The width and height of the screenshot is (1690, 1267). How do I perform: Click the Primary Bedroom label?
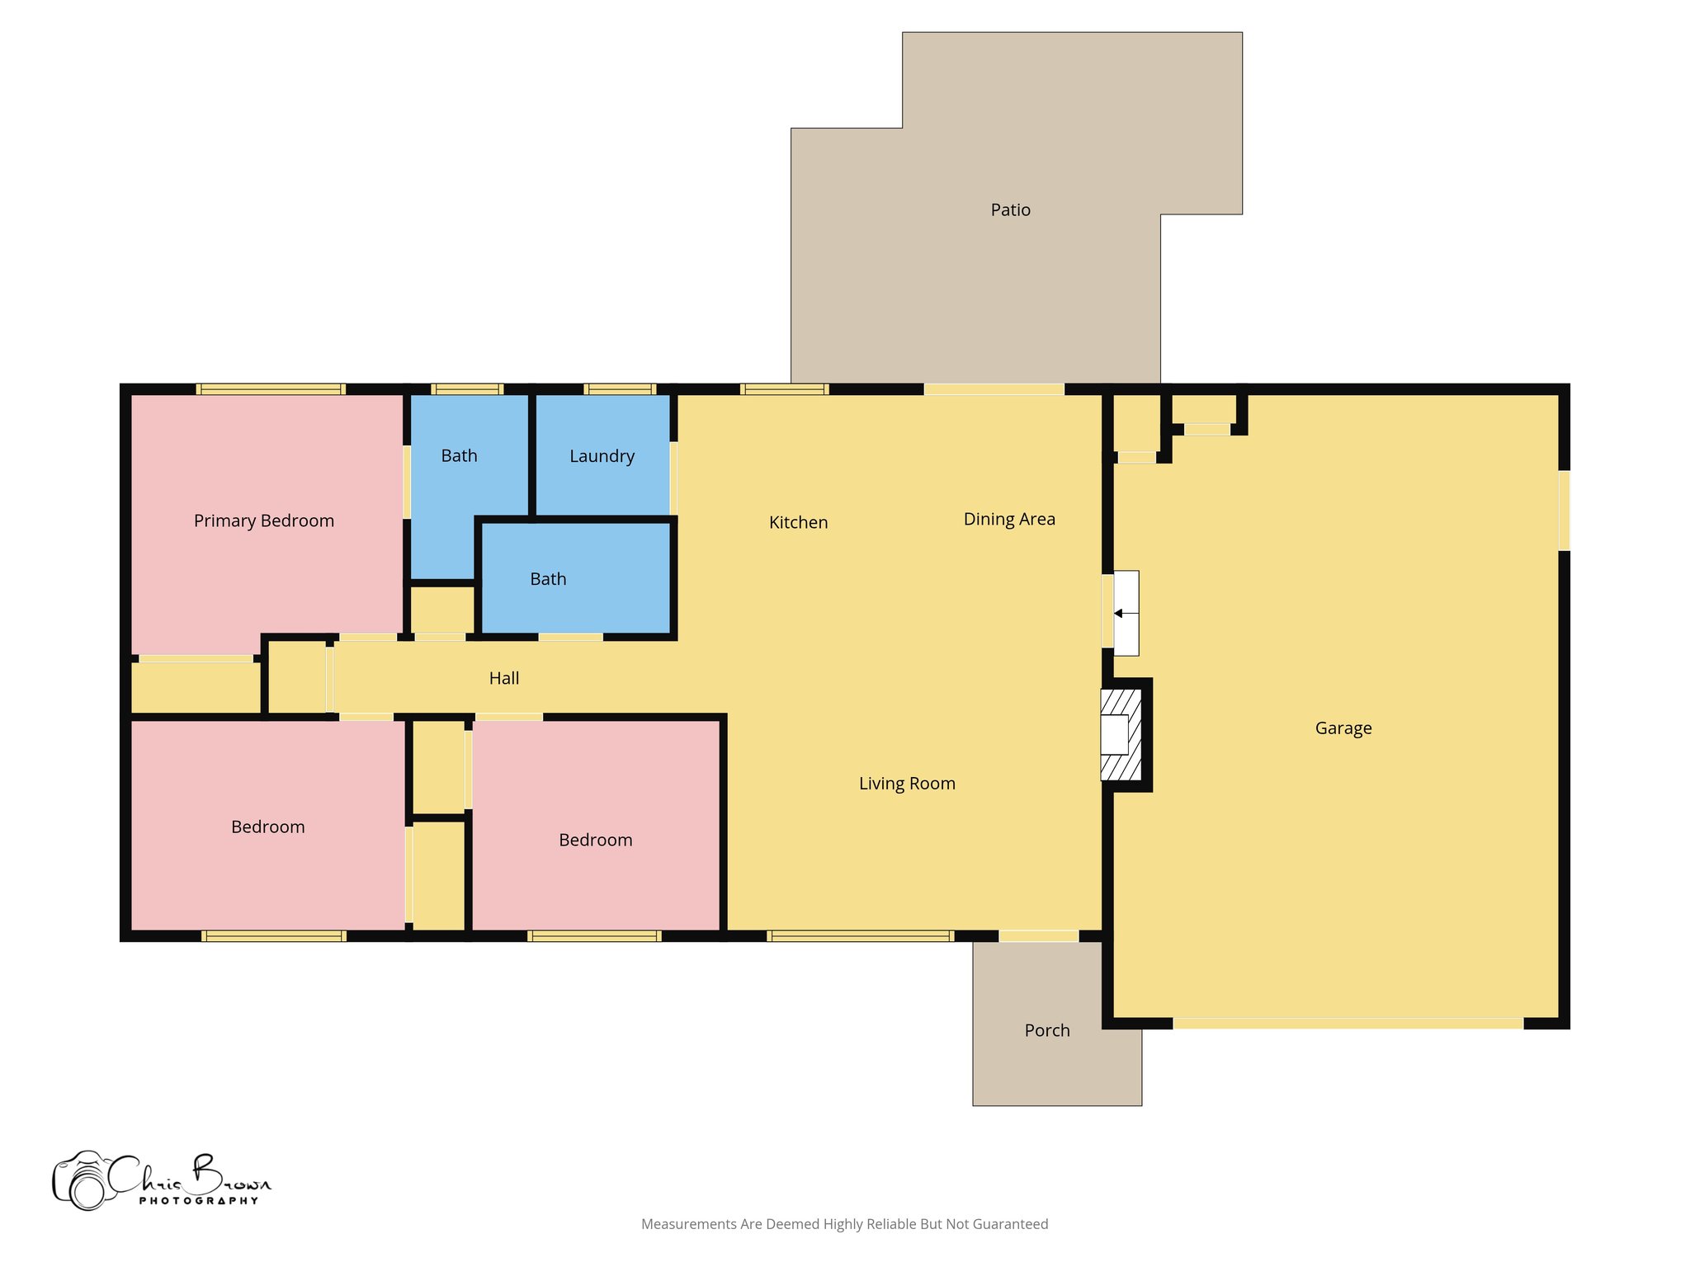coord(263,520)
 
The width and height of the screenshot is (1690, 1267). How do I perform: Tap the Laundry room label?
coord(602,456)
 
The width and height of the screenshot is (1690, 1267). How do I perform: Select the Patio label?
coord(1010,210)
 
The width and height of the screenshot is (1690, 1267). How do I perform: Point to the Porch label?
coord(1046,1030)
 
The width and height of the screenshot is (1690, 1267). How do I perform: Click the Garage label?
coord(1343,728)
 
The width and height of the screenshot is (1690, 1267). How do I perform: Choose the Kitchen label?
coord(798,522)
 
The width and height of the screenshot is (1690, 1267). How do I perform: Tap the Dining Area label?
coord(1009,519)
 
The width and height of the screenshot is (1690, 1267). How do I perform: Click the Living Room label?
coord(907,784)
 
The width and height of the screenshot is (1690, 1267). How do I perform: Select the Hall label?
coord(503,678)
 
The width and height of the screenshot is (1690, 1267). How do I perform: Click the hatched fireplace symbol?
coord(1121,734)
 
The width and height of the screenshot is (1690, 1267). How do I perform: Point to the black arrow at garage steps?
coord(1118,614)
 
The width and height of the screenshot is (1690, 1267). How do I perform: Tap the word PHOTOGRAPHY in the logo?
coord(198,1200)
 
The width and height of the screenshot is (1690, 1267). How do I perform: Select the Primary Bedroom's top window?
coord(271,389)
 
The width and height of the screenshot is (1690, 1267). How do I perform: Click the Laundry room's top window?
coord(620,389)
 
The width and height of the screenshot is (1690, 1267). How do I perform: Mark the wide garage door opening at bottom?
coord(1348,1023)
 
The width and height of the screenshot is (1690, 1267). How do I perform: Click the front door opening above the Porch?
coord(1038,935)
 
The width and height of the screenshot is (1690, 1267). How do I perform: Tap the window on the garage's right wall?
coord(1563,511)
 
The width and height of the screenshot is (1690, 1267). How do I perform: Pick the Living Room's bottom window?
coord(860,935)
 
